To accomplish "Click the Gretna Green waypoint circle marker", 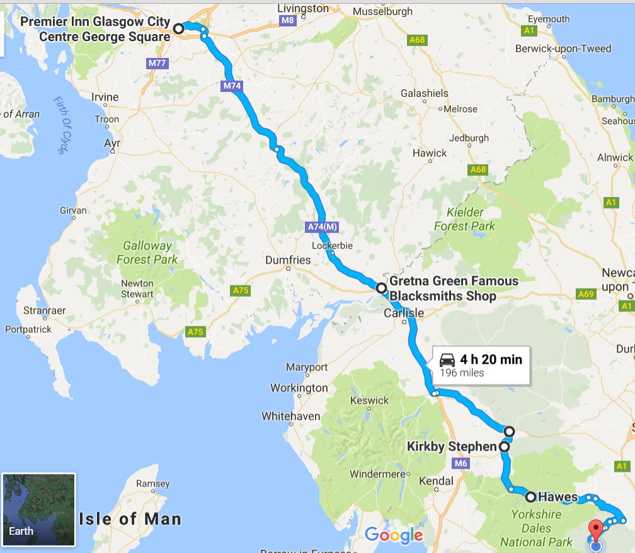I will [x=381, y=288].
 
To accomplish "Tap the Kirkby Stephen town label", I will [x=452, y=447].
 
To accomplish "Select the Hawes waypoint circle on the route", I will [x=531, y=496].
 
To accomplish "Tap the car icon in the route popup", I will [x=447, y=360].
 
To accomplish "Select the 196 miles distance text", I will [x=462, y=373].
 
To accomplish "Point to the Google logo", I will [x=394, y=535].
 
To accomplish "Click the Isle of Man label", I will [x=130, y=519].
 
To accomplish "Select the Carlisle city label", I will [x=404, y=313].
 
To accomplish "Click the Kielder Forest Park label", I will [x=465, y=219].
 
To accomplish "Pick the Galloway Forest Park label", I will [x=147, y=252].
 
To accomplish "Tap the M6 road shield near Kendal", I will [x=461, y=464].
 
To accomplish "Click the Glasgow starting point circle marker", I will [x=179, y=28].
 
